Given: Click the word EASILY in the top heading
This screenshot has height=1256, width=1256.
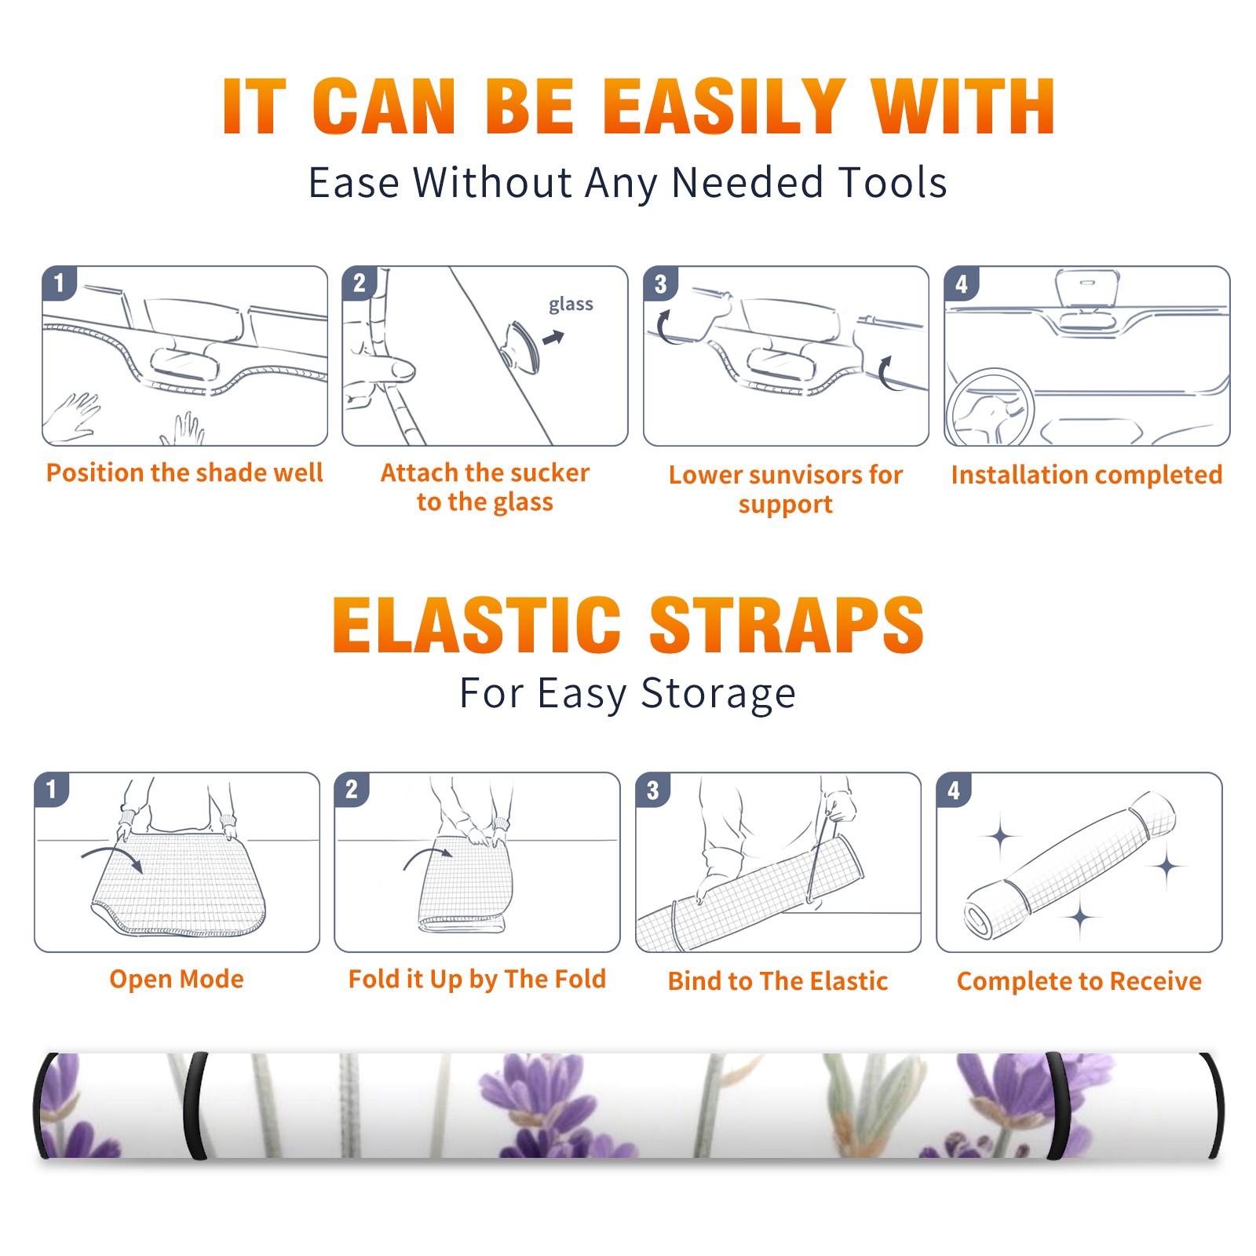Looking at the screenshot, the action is click(x=723, y=107).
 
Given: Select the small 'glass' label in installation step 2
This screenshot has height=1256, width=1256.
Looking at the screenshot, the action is click(x=571, y=305).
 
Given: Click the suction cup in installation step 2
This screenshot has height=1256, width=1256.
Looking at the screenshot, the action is click(x=522, y=346).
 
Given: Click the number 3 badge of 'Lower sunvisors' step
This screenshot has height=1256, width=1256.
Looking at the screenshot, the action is click(x=661, y=283).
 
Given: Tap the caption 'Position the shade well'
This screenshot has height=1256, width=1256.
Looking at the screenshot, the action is click(x=184, y=473).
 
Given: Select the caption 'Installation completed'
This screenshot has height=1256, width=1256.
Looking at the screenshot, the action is click(x=1086, y=474).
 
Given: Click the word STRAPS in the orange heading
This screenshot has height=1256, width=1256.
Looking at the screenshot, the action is click(x=787, y=625).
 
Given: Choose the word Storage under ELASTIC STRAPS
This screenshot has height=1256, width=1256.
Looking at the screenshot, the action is click(x=718, y=694).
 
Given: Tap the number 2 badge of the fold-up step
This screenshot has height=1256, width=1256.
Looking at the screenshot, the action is click(x=352, y=790).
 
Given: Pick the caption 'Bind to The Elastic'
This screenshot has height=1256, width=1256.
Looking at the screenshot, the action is click(x=778, y=981).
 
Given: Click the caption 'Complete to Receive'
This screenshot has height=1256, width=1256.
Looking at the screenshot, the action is click(x=1079, y=981).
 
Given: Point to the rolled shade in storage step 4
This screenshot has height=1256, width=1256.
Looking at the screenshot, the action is click(x=1070, y=866).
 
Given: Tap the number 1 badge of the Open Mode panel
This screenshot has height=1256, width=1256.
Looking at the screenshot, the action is click(x=52, y=790).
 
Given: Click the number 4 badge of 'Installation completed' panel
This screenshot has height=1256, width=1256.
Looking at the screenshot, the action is click(x=962, y=283).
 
